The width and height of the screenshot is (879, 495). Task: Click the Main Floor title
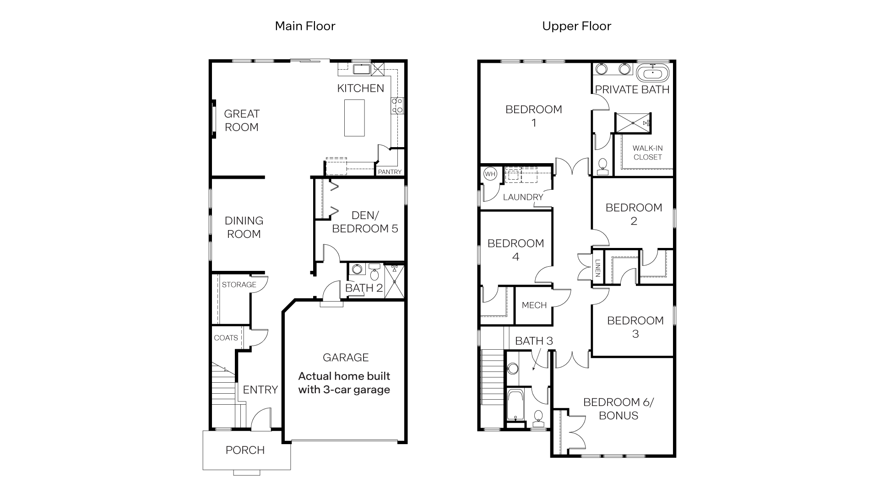[305, 26]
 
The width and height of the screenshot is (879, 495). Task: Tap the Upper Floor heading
[576, 26]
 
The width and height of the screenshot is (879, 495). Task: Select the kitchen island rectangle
[354, 118]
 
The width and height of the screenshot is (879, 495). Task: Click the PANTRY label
[390, 172]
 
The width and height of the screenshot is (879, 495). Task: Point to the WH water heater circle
[490, 174]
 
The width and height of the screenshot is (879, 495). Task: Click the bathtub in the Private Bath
[652, 73]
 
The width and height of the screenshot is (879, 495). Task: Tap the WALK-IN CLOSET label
[647, 153]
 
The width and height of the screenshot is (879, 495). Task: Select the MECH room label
[534, 305]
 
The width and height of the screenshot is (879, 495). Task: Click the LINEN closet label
[598, 268]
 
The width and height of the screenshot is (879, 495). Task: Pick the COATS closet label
[226, 338]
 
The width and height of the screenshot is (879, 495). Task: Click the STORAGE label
[239, 285]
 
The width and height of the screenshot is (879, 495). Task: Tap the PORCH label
[245, 450]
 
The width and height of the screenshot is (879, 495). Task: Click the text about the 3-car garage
[344, 383]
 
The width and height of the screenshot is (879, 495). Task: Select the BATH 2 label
[364, 288]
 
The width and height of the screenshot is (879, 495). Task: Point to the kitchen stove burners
[397, 105]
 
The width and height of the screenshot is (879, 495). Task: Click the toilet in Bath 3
[538, 417]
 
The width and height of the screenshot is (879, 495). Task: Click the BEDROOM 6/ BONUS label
[619, 409]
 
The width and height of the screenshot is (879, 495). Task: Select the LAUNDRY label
[523, 197]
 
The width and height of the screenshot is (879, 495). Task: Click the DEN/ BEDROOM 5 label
[365, 222]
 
